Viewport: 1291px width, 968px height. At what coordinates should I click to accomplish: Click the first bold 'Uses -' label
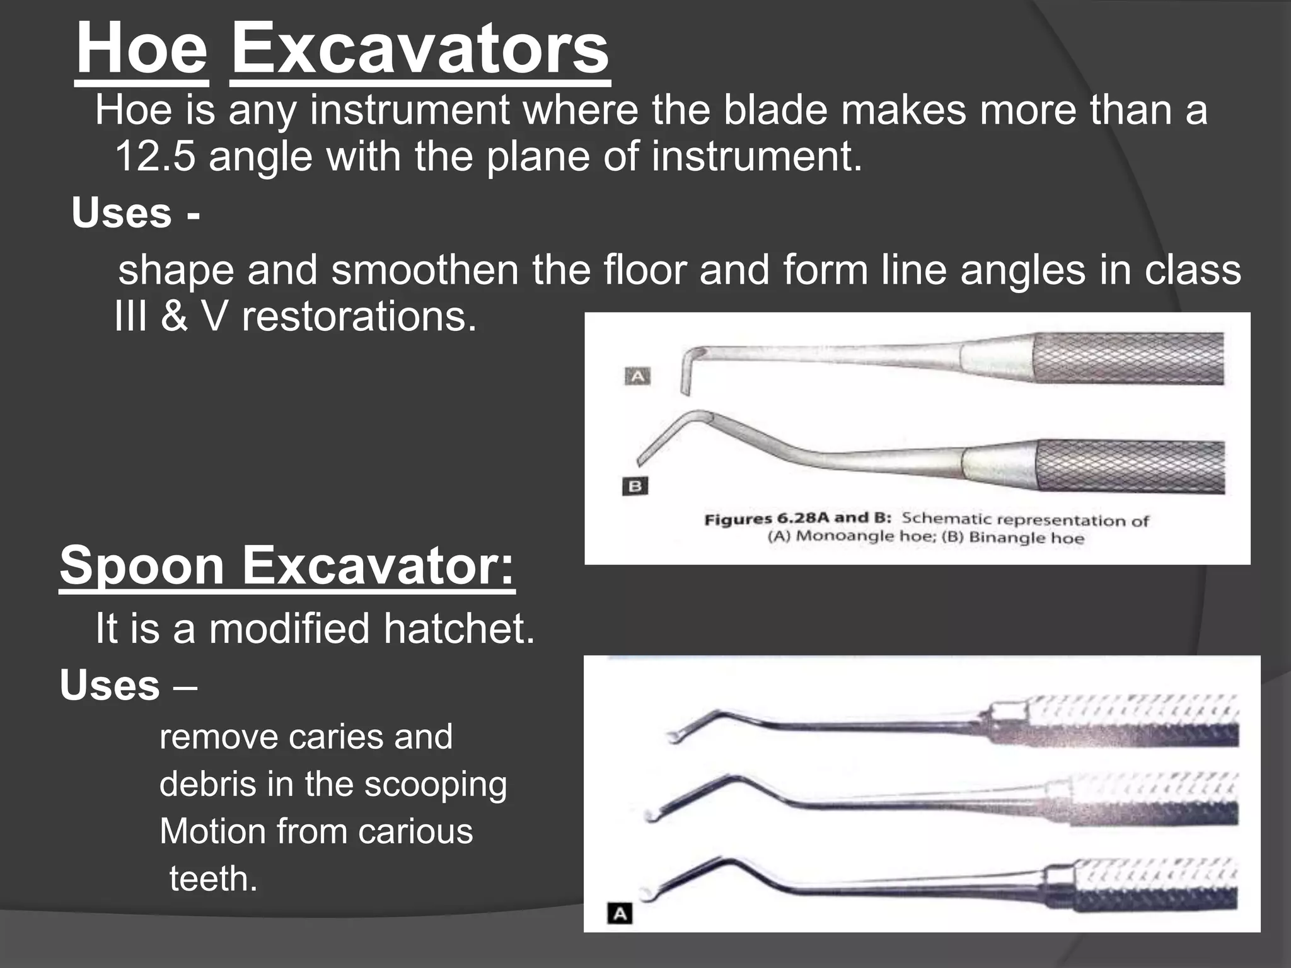[136, 213]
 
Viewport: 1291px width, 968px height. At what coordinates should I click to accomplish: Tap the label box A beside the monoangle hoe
[637, 377]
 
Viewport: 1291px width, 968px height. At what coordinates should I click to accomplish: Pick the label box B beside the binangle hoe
[635, 487]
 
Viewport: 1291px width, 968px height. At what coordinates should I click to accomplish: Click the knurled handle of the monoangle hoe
[1128, 359]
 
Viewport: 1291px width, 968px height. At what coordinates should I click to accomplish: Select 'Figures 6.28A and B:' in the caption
[797, 519]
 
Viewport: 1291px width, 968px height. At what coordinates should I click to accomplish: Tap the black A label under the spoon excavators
[620, 913]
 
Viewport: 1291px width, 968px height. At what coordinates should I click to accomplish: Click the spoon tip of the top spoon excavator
[673, 736]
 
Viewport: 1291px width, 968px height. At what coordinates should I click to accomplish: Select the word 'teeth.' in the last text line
[214, 879]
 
